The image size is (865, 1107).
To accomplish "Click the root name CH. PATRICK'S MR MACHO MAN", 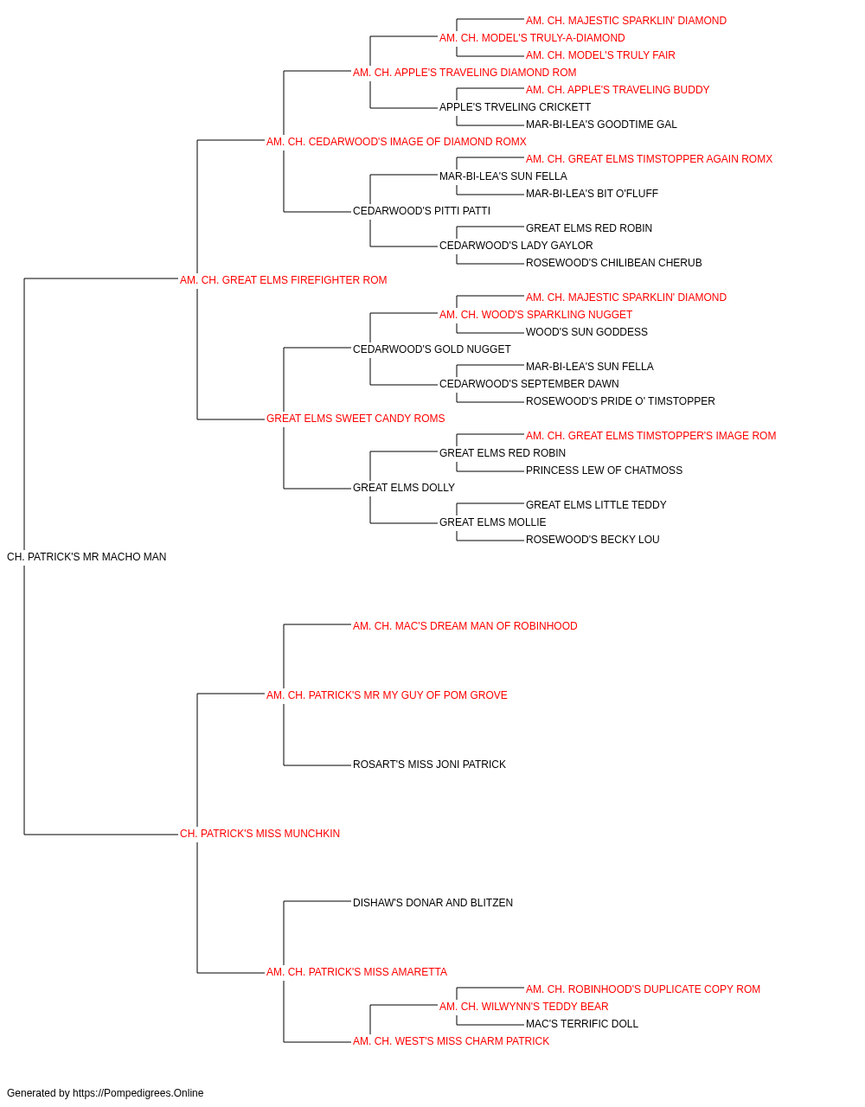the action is pyautogui.click(x=86, y=557).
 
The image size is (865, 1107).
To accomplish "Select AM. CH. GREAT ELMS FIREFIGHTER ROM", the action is pyautogui.click(x=283, y=280).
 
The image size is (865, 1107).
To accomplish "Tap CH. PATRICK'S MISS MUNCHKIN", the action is pyautogui.click(x=259, y=834).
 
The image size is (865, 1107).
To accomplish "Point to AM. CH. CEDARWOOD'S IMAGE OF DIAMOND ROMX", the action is pyautogui.click(x=396, y=142).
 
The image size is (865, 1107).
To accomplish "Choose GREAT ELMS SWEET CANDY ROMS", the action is pyautogui.click(x=356, y=419).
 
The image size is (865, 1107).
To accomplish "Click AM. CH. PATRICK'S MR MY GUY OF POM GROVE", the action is pyautogui.click(x=387, y=694).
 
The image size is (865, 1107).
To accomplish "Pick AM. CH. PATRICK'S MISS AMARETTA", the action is pyautogui.click(x=356, y=971).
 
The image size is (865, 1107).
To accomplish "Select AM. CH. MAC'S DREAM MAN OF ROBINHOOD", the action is pyautogui.click(x=465, y=625).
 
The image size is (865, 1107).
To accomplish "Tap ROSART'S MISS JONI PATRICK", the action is pyautogui.click(x=429, y=765).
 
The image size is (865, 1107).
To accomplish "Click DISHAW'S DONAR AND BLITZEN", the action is pyautogui.click(x=433, y=902).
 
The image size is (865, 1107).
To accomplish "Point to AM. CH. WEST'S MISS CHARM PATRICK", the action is pyautogui.click(x=452, y=1040).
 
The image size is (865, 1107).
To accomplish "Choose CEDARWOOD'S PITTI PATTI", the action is pyautogui.click(x=422, y=211).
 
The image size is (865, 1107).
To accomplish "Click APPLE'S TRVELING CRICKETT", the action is pyautogui.click(x=515, y=107).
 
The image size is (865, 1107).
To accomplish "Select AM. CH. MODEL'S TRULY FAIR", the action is pyautogui.click(x=600, y=55).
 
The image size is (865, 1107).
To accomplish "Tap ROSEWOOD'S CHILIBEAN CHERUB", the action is pyautogui.click(x=614, y=263).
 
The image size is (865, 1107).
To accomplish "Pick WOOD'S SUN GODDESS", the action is pyautogui.click(x=586, y=332).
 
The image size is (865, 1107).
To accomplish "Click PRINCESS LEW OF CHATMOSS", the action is pyautogui.click(x=604, y=470).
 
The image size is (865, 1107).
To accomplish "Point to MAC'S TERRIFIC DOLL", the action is pyautogui.click(x=582, y=1023).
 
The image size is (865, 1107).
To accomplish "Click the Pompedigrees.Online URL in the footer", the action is pyautogui.click(x=138, y=1093).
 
